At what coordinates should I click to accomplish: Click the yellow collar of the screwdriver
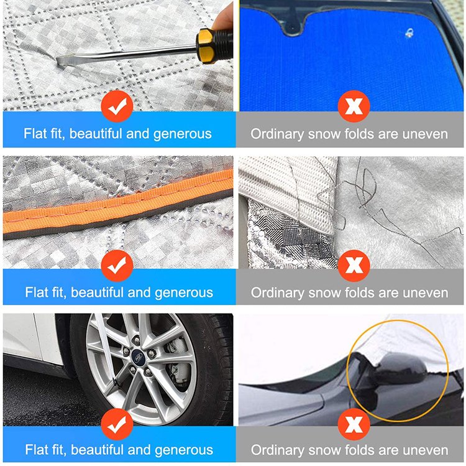(x=205, y=47)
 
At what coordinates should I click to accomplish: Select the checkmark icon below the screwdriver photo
(x=117, y=106)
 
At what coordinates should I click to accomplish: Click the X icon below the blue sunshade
(x=354, y=106)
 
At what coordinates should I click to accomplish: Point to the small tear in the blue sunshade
(x=409, y=33)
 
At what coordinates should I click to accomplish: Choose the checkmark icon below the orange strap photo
(x=117, y=266)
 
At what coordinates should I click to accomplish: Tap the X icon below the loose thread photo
(x=354, y=266)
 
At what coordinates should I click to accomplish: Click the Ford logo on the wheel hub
(x=138, y=356)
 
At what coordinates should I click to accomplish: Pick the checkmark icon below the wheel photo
(x=117, y=424)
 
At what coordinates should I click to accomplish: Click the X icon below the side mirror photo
(x=354, y=424)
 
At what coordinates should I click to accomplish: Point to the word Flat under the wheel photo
(x=35, y=450)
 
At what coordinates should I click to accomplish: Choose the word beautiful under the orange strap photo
(x=97, y=292)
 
